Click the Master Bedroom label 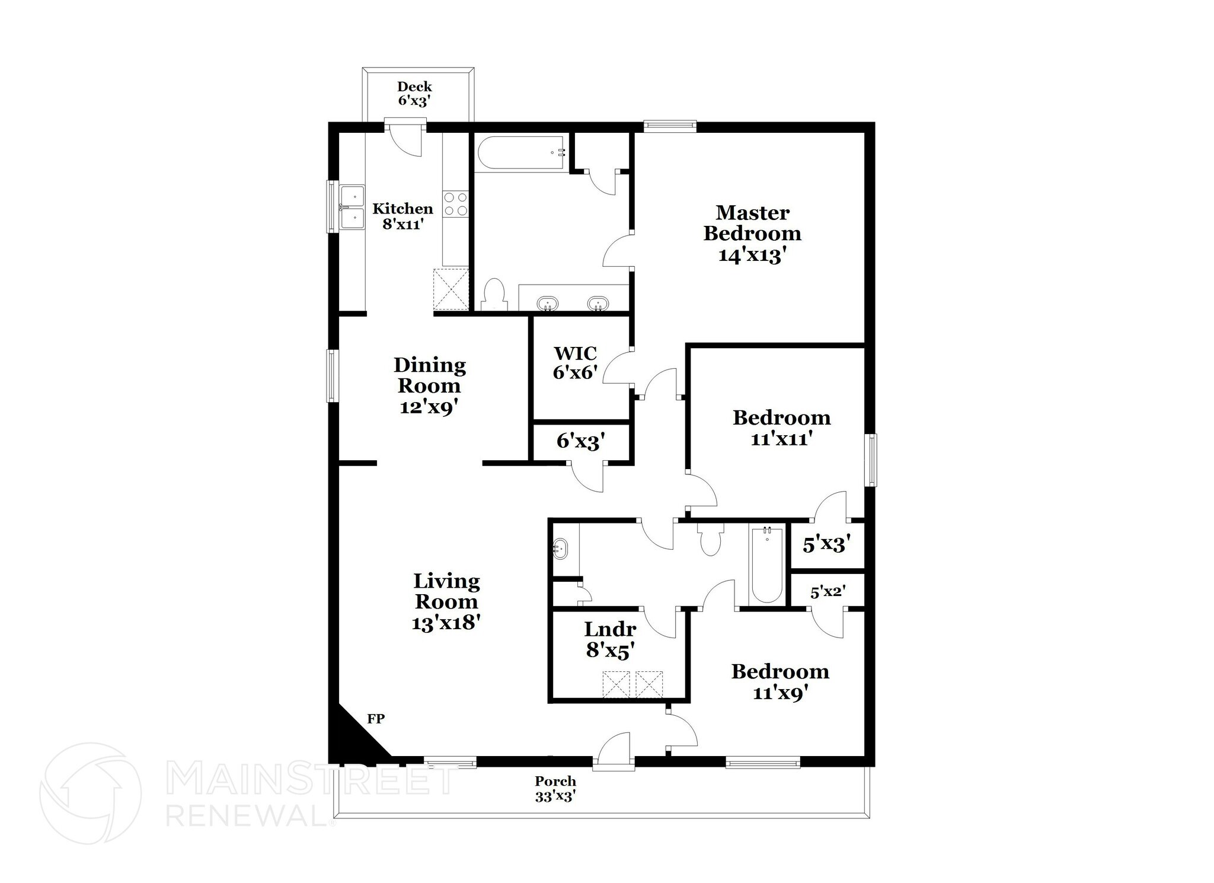[752, 233]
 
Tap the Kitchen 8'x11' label [402, 216]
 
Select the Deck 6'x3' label [414, 94]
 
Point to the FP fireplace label [376, 719]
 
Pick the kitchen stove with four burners [456, 203]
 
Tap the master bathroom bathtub [520, 153]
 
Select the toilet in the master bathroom [494, 294]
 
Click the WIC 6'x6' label [575, 362]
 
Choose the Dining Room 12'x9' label [430, 385]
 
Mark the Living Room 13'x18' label [446, 601]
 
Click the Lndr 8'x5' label [611, 639]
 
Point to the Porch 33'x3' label [555, 789]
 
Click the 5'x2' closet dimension [828, 591]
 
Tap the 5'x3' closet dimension [827, 545]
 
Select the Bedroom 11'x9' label [780, 681]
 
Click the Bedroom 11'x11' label [781, 428]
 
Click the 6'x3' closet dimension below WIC [580, 441]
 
